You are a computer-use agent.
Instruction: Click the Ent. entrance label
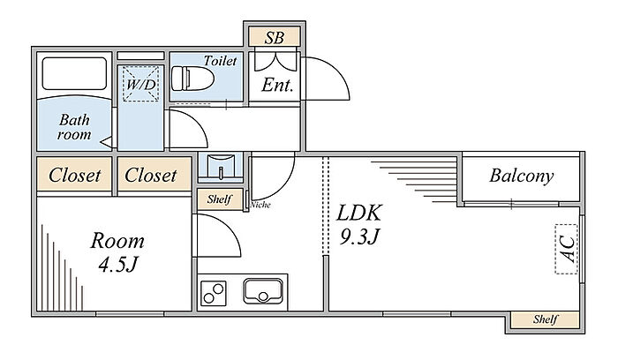click(x=278, y=86)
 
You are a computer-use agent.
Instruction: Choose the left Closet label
click(x=74, y=175)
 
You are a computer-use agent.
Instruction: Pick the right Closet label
click(x=150, y=175)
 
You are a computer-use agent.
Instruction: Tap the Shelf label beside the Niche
click(x=219, y=199)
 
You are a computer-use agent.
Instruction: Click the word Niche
click(x=260, y=205)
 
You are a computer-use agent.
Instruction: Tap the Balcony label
click(x=522, y=176)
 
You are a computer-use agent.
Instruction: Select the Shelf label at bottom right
click(x=545, y=319)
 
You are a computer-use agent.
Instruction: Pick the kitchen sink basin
click(x=261, y=290)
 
